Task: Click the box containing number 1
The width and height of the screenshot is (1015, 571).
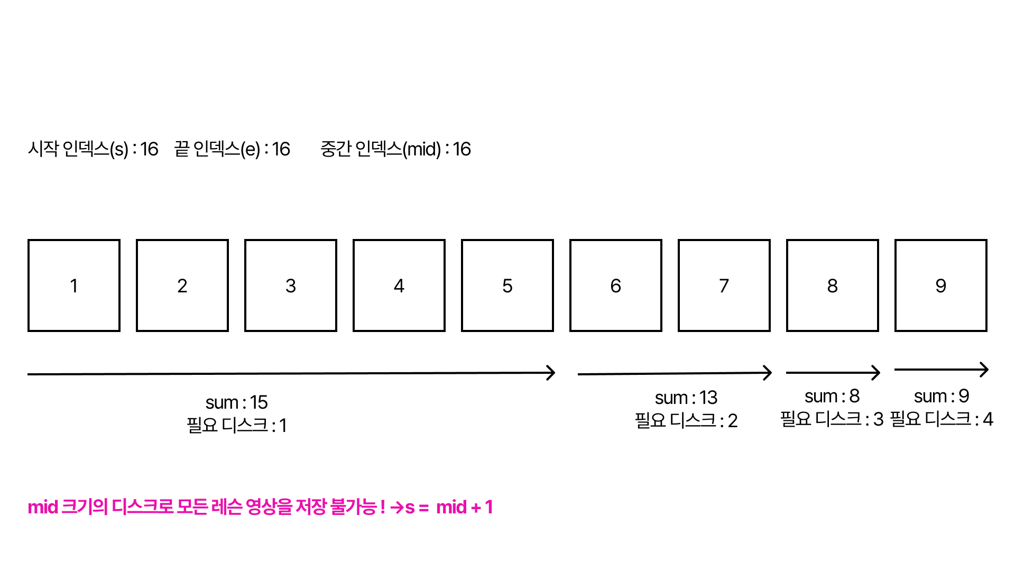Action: tap(74, 285)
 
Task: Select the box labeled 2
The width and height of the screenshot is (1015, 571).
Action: tap(182, 285)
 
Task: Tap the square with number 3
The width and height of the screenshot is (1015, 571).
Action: tap(291, 285)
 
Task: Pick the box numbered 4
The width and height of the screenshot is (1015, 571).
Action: tap(399, 285)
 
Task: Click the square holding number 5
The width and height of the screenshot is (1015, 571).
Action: tap(508, 285)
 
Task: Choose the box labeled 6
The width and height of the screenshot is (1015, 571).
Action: tap(616, 285)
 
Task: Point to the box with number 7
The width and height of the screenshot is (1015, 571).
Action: tap(724, 285)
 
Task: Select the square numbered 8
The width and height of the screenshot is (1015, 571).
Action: tap(833, 285)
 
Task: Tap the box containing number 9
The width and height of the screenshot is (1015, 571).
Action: tap(941, 285)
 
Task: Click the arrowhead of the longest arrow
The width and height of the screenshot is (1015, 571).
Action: tap(551, 373)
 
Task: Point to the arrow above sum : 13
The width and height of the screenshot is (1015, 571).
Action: tap(674, 373)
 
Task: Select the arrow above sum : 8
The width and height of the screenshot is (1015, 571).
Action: tap(833, 372)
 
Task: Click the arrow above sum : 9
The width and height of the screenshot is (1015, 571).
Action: tap(941, 370)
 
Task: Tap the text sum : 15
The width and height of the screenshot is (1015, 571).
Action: tap(236, 402)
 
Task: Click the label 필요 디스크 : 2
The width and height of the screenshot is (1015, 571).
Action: tap(686, 421)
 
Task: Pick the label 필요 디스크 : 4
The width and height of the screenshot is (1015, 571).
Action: tap(942, 419)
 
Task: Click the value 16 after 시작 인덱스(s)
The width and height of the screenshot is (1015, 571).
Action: tap(149, 149)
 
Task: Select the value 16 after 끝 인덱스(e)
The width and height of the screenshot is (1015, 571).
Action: tap(281, 149)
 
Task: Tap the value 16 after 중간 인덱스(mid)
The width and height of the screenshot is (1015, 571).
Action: tap(462, 149)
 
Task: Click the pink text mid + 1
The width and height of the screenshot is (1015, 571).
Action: tap(464, 508)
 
